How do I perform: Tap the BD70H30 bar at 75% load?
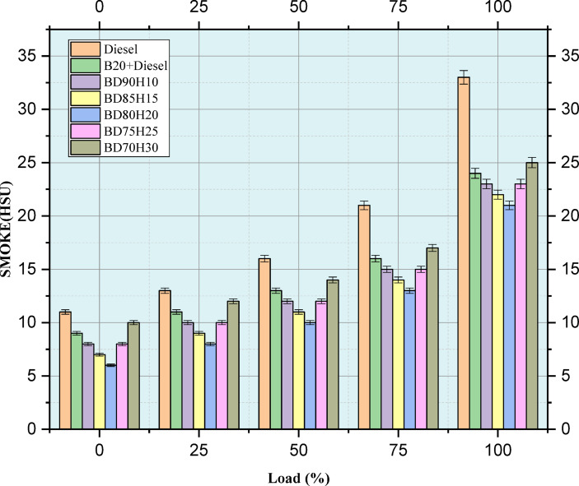pyautogui.click(x=432, y=338)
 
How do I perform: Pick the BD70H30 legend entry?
pyautogui.click(x=128, y=148)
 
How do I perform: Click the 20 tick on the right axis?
pyautogui.click(x=556, y=216)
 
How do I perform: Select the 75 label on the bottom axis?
pyautogui.click(x=398, y=450)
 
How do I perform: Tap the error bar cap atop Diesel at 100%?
pyautogui.click(x=464, y=71)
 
